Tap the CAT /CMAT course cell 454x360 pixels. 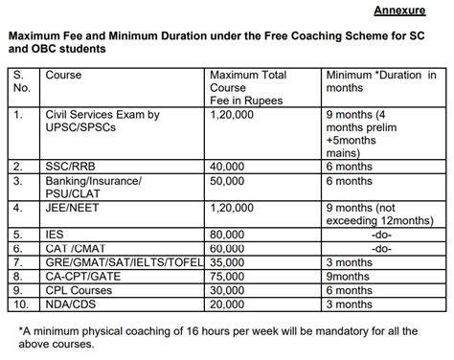pyautogui.click(x=79, y=247)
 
